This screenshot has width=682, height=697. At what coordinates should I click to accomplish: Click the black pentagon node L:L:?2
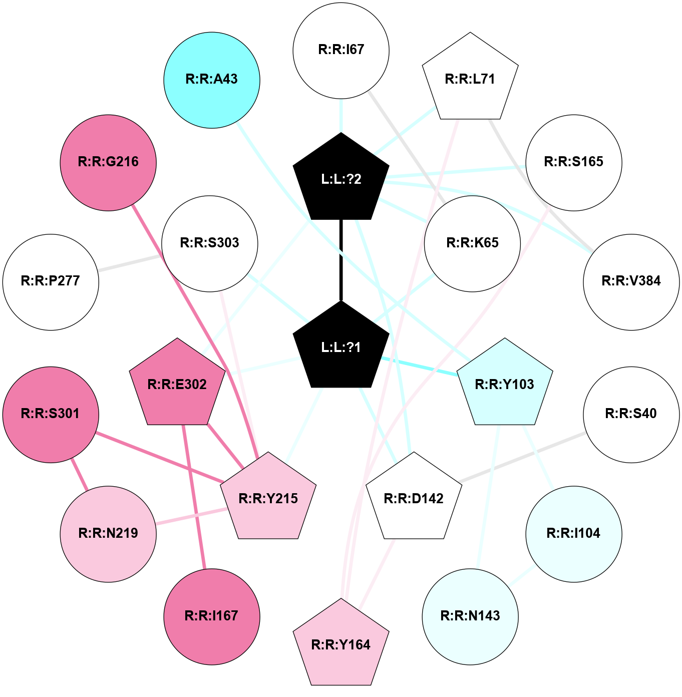[x=341, y=179]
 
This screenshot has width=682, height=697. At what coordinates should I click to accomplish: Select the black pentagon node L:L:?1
[x=341, y=347]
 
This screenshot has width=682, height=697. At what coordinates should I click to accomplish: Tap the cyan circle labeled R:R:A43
[x=212, y=80]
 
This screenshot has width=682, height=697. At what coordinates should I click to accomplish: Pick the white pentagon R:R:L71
[x=470, y=79]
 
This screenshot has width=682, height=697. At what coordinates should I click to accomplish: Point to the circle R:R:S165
[x=574, y=162]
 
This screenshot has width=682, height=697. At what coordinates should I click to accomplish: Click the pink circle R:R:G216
[x=108, y=162]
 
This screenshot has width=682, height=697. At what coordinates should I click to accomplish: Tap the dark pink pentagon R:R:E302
[x=177, y=385]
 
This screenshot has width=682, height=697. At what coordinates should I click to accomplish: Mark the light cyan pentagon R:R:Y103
[x=505, y=385]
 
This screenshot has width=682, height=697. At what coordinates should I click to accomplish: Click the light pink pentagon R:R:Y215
[x=268, y=499]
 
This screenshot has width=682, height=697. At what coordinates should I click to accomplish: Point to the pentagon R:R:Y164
[x=341, y=645]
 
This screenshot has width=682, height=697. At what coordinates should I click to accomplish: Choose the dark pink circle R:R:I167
[x=212, y=616]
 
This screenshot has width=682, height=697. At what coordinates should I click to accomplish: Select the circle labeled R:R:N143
[x=470, y=616]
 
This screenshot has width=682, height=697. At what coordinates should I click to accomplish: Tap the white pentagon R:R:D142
[x=414, y=499]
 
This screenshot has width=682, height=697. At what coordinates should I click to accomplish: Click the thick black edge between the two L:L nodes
[x=341, y=260]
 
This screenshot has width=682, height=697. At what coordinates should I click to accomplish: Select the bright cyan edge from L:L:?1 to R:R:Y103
[x=421, y=367]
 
